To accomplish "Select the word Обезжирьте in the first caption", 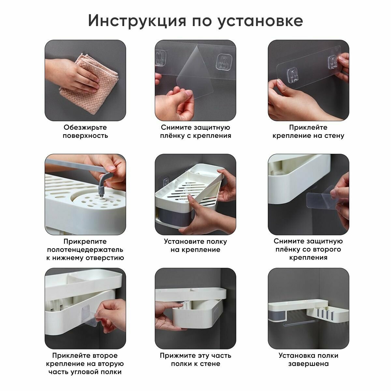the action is [x=85, y=127].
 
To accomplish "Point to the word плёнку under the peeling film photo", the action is [x=172, y=136].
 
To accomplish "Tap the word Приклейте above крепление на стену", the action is [x=308, y=127].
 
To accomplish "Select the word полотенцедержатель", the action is [x=85, y=250].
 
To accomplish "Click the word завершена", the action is [x=309, y=364].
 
